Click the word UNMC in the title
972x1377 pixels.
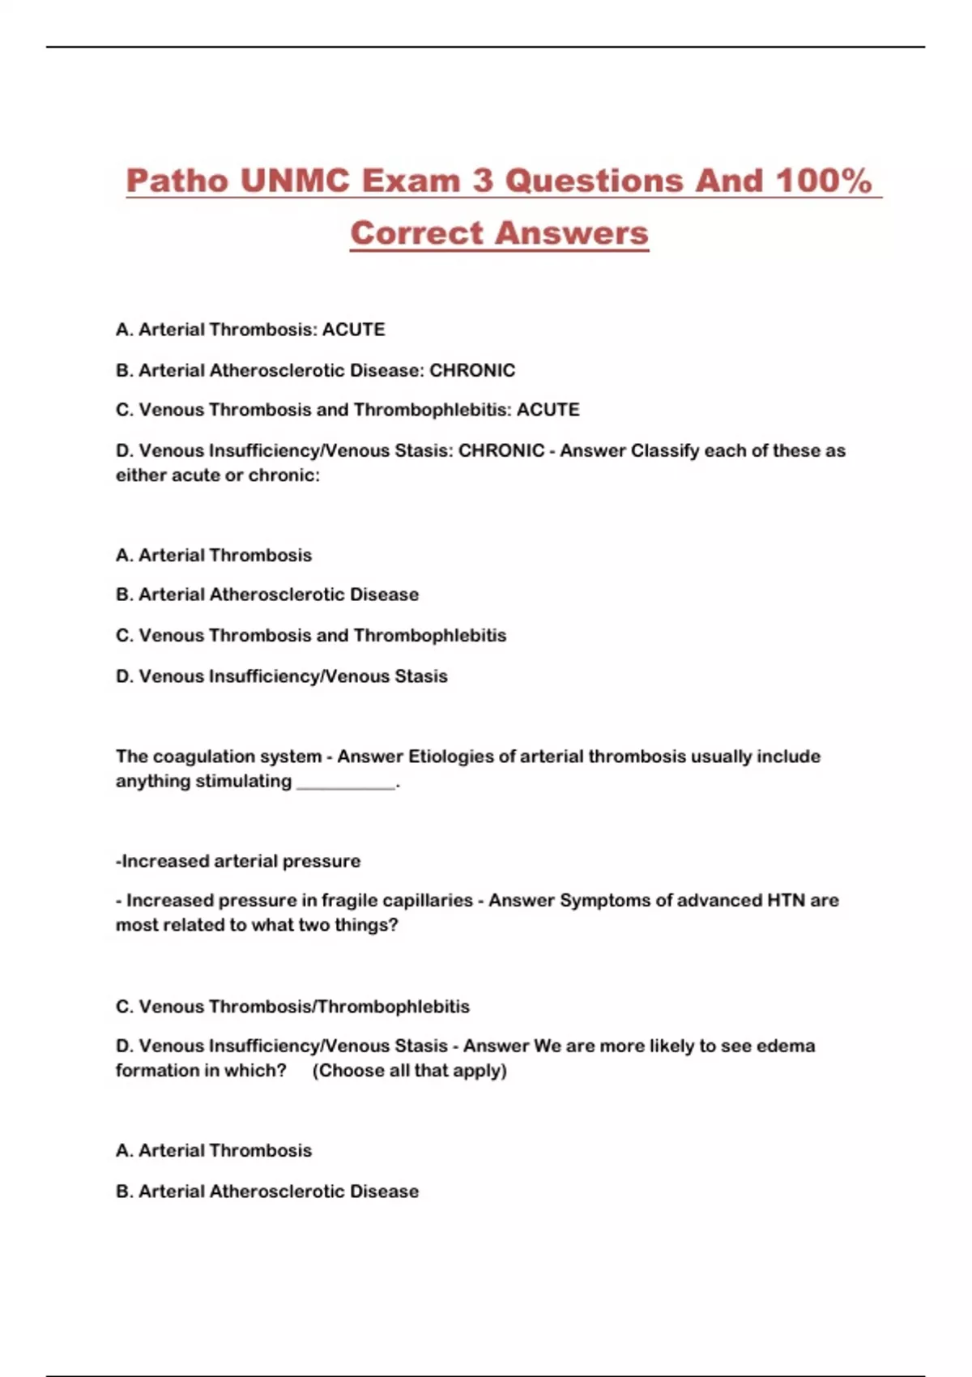(x=296, y=181)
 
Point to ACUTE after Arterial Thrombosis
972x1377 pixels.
(x=353, y=330)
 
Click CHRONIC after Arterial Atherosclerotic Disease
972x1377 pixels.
(x=472, y=370)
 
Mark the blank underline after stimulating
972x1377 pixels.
(x=347, y=782)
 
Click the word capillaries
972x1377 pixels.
(x=428, y=901)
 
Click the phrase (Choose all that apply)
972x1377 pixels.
(x=409, y=1071)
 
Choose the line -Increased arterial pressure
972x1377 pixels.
(x=238, y=861)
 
